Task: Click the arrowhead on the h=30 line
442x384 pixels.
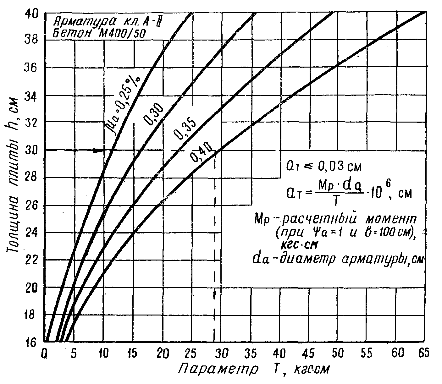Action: pos(100,150)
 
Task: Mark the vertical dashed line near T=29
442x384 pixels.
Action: pos(214,251)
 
